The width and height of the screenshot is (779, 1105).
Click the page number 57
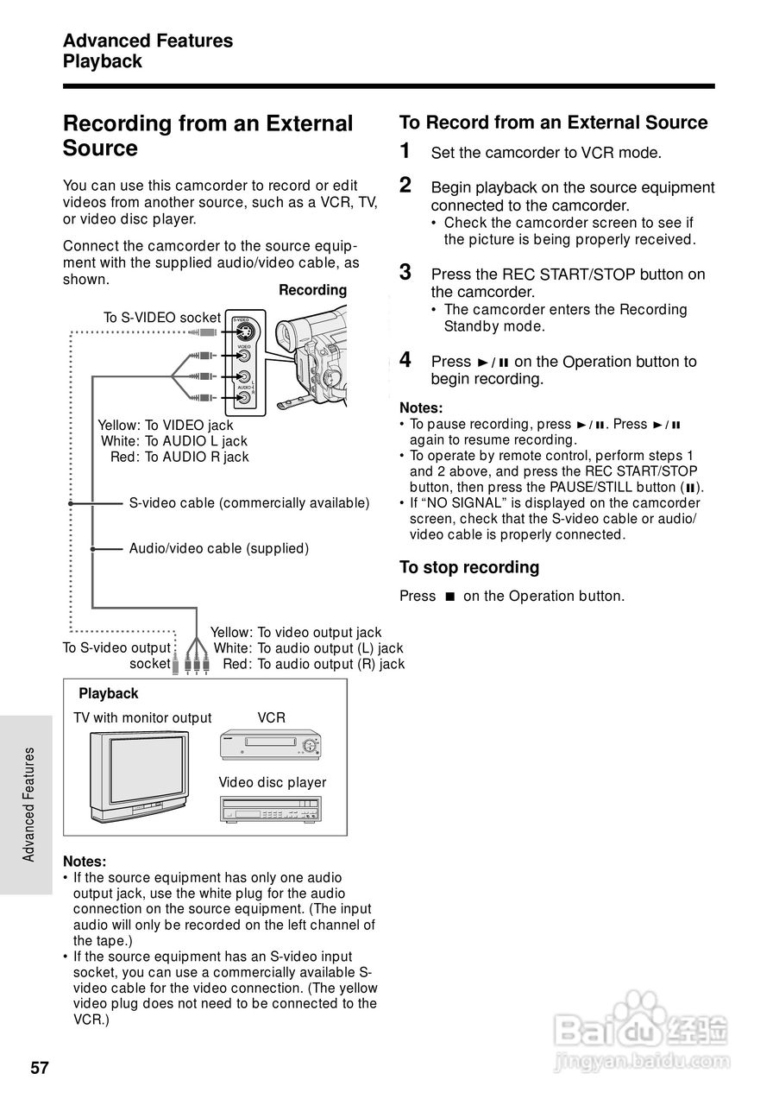click(x=41, y=1068)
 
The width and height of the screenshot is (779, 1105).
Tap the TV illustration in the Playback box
click(x=138, y=776)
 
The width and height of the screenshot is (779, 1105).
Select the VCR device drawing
click(x=270, y=744)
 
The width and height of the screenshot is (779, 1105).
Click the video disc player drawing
click(x=270, y=809)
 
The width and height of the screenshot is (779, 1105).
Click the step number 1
click(x=405, y=151)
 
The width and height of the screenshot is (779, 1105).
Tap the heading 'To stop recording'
click(x=468, y=567)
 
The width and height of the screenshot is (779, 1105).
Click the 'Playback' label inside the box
click(x=108, y=694)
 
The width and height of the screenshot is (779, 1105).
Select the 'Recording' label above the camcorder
click(x=312, y=290)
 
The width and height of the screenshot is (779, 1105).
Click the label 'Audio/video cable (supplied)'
click(x=218, y=548)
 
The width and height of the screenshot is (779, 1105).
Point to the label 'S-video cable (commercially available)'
click(x=248, y=503)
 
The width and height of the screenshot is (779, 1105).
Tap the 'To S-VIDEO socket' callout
click(x=162, y=318)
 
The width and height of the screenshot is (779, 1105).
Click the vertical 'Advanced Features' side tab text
click(x=28, y=804)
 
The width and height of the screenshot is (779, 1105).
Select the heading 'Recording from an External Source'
click(x=208, y=136)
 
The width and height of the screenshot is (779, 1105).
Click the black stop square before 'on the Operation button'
click(x=449, y=597)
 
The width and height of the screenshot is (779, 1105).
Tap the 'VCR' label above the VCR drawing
click(x=271, y=718)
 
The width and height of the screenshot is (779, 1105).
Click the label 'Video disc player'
click(x=272, y=783)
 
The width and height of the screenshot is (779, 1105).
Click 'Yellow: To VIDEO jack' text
click(x=166, y=425)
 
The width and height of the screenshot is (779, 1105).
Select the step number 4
click(x=405, y=359)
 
